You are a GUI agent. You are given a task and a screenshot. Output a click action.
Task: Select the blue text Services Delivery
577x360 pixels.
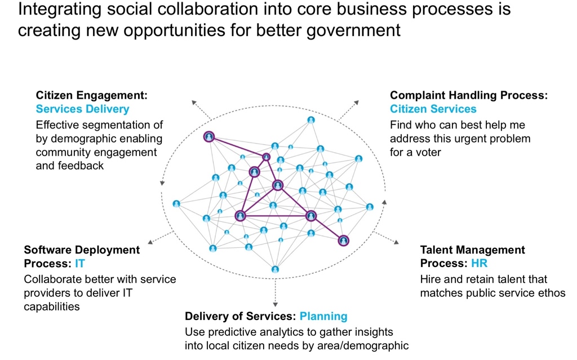point(82,109)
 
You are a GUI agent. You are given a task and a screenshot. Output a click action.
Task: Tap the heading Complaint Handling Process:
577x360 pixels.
point(469,95)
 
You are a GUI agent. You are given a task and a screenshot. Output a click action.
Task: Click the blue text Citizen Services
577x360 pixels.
point(433,109)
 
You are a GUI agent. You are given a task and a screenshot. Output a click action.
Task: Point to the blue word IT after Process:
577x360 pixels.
point(79,264)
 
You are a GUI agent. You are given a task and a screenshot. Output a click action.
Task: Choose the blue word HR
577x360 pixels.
point(480,264)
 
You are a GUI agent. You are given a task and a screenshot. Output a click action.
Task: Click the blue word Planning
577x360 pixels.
point(323,316)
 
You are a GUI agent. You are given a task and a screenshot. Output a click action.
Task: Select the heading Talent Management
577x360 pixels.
point(473,250)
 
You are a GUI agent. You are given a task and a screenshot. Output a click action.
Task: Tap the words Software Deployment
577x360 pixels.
point(82,250)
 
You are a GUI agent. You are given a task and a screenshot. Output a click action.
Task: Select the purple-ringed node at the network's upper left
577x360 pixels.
point(209,136)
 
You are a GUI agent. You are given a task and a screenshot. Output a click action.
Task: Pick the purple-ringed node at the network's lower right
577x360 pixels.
point(344,241)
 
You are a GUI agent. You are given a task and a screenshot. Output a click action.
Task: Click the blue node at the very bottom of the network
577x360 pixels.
point(275,269)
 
